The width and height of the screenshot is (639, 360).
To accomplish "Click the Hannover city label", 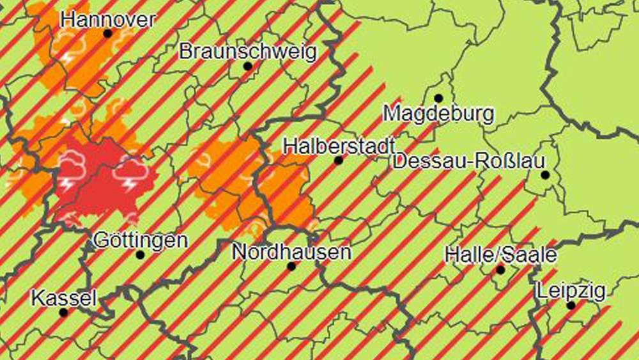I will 107,19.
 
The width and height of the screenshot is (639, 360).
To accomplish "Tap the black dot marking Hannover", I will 107,33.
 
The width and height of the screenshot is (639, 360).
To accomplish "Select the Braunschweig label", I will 247,51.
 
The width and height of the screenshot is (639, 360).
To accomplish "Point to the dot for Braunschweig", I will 247,66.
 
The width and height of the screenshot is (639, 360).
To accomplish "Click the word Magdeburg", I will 438,114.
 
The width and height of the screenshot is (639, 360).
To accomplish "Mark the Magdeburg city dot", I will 438,98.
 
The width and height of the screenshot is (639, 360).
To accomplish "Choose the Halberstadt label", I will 338,146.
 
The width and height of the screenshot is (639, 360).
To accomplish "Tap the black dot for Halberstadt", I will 338,160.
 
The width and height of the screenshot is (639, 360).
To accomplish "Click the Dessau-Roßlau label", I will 469,160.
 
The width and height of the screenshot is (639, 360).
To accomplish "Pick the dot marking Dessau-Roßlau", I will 545,175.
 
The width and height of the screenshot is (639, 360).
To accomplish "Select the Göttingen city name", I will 141,240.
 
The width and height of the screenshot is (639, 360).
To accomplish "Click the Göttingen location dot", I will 141,254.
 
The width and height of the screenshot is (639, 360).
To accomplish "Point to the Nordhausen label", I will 291,251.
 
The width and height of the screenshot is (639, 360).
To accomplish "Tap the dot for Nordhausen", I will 291,266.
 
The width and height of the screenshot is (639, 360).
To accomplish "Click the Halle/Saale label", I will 500,255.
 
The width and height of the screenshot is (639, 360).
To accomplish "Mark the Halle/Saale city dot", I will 500,270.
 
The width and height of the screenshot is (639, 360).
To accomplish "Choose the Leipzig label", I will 571,292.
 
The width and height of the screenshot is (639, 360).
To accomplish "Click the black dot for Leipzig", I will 571,306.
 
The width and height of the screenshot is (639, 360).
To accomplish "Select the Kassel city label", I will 64,298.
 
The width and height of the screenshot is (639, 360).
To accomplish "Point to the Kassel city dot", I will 63,313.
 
